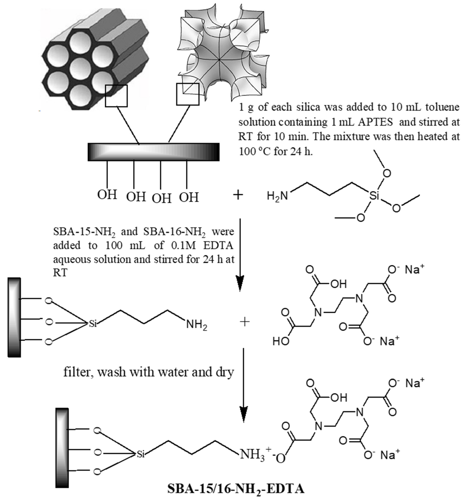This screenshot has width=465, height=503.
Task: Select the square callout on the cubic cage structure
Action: (188, 94)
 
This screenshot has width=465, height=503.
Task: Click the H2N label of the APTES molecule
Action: (277, 196)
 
